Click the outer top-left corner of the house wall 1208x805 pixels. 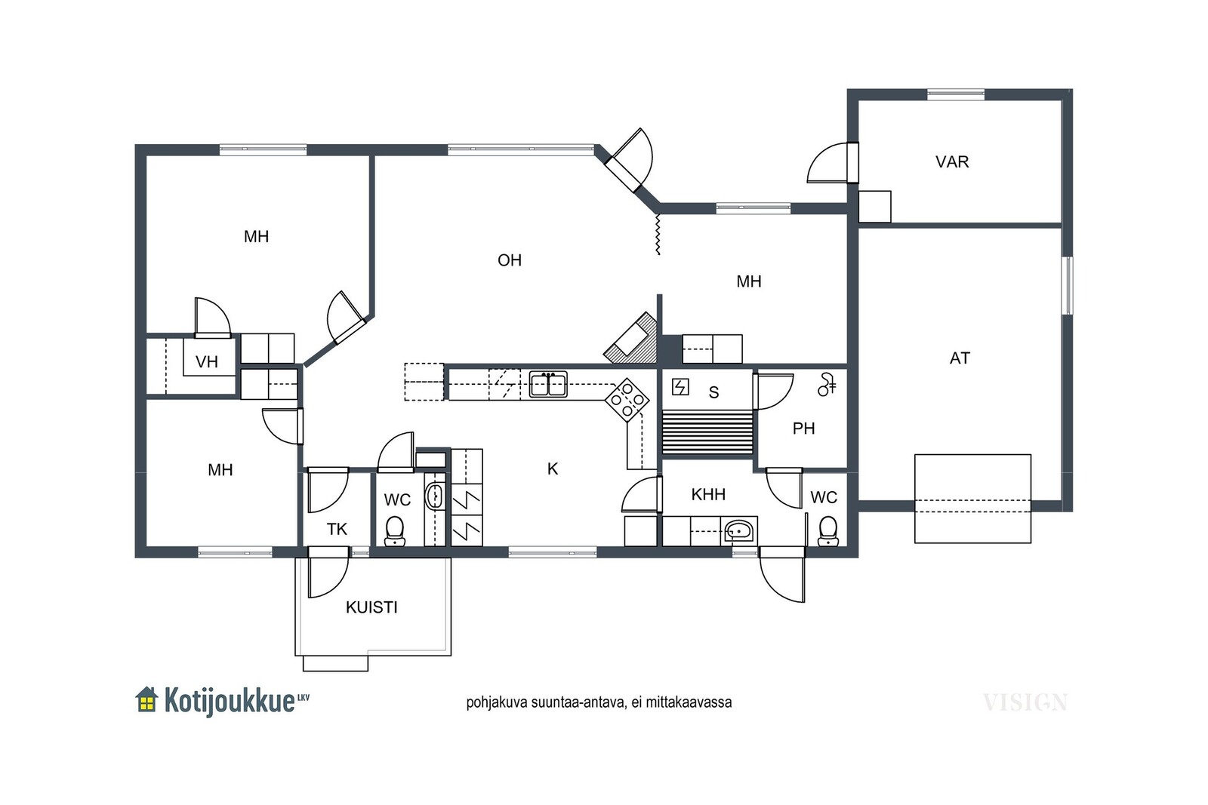[x=135, y=144]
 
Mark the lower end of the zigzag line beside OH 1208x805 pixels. [x=658, y=254]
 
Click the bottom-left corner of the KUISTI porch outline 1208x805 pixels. [x=295, y=656]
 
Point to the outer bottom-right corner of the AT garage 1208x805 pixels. [x=1073, y=512]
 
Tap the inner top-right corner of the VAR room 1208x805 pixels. [x=1062, y=100]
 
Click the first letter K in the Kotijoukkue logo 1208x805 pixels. [x=171, y=700]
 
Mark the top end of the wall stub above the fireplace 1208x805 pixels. [x=659, y=295]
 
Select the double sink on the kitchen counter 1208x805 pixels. [x=548, y=384]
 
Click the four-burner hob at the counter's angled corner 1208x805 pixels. [x=627, y=400]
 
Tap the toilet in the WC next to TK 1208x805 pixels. [x=395, y=531]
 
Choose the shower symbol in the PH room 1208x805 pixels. [x=827, y=384]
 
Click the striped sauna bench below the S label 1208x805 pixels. [x=707, y=432]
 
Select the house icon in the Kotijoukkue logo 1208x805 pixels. [x=146, y=699]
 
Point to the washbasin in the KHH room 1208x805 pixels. [x=739, y=530]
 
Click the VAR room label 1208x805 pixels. [x=952, y=161]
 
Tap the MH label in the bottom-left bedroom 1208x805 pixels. [x=220, y=470]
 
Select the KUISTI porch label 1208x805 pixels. [x=371, y=607]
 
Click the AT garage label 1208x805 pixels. [x=960, y=358]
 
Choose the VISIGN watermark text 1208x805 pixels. [x=1025, y=702]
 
